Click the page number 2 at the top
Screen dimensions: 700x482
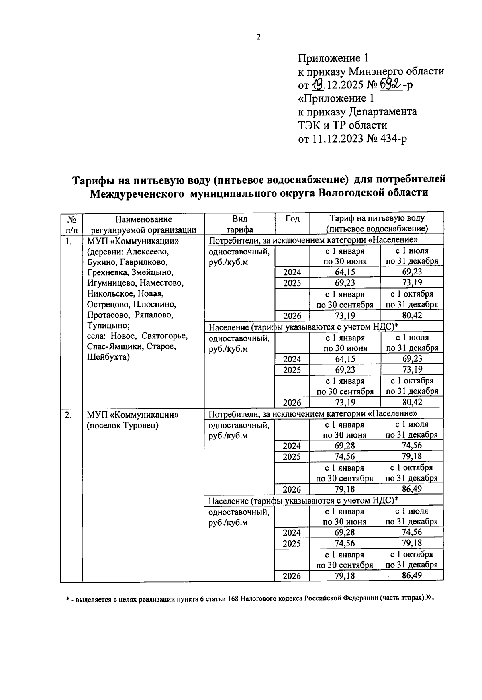pyautogui.click(x=259, y=37)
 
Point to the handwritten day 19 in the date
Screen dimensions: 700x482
pyautogui.click(x=317, y=84)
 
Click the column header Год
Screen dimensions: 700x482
pyautogui.click(x=292, y=219)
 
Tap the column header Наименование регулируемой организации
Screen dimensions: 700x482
pyautogui.click(x=143, y=224)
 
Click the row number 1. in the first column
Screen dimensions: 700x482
pyautogui.click(x=69, y=242)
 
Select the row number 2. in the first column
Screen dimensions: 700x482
pyautogui.click(x=69, y=415)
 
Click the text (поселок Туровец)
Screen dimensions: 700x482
pyautogui.click(x=123, y=426)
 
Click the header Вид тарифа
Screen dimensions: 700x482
pyautogui.click(x=239, y=224)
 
